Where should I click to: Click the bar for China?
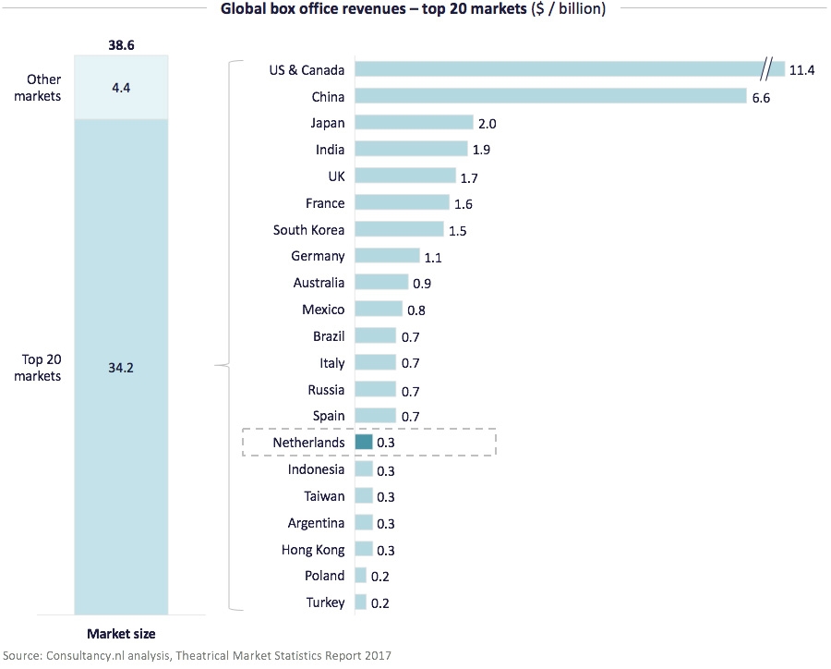(x=550, y=96)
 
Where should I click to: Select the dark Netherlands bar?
(x=363, y=443)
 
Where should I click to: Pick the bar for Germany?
(x=387, y=256)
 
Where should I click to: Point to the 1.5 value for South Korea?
(x=458, y=230)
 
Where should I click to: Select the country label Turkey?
(x=325, y=602)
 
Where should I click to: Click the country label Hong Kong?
(x=313, y=550)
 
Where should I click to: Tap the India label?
(x=330, y=150)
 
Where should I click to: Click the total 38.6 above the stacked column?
(x=122, y=43)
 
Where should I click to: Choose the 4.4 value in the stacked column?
(x=122, y=87)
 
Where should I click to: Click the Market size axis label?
(x=121, y=634)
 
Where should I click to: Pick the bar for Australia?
(x=381, y=283)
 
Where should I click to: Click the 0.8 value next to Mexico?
(x=416, y=310)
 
